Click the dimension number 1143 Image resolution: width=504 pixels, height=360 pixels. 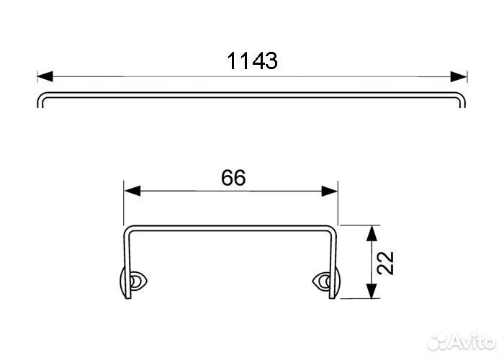[252, 60]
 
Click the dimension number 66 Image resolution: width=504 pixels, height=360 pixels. [234, 177]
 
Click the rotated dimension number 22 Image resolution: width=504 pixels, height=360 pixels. [385, 263]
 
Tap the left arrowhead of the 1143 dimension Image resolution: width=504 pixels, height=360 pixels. [45, 76]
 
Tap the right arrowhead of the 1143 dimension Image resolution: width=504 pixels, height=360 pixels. [459, 76]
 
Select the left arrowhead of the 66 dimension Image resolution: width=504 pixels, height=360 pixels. [132, 191]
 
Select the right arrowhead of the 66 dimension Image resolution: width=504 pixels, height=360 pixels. [330, 191]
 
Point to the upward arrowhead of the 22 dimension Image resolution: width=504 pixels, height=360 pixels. [372, 233]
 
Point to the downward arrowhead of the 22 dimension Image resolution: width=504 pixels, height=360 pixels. [372, 291]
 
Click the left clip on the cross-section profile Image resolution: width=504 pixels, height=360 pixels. [132, 282]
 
